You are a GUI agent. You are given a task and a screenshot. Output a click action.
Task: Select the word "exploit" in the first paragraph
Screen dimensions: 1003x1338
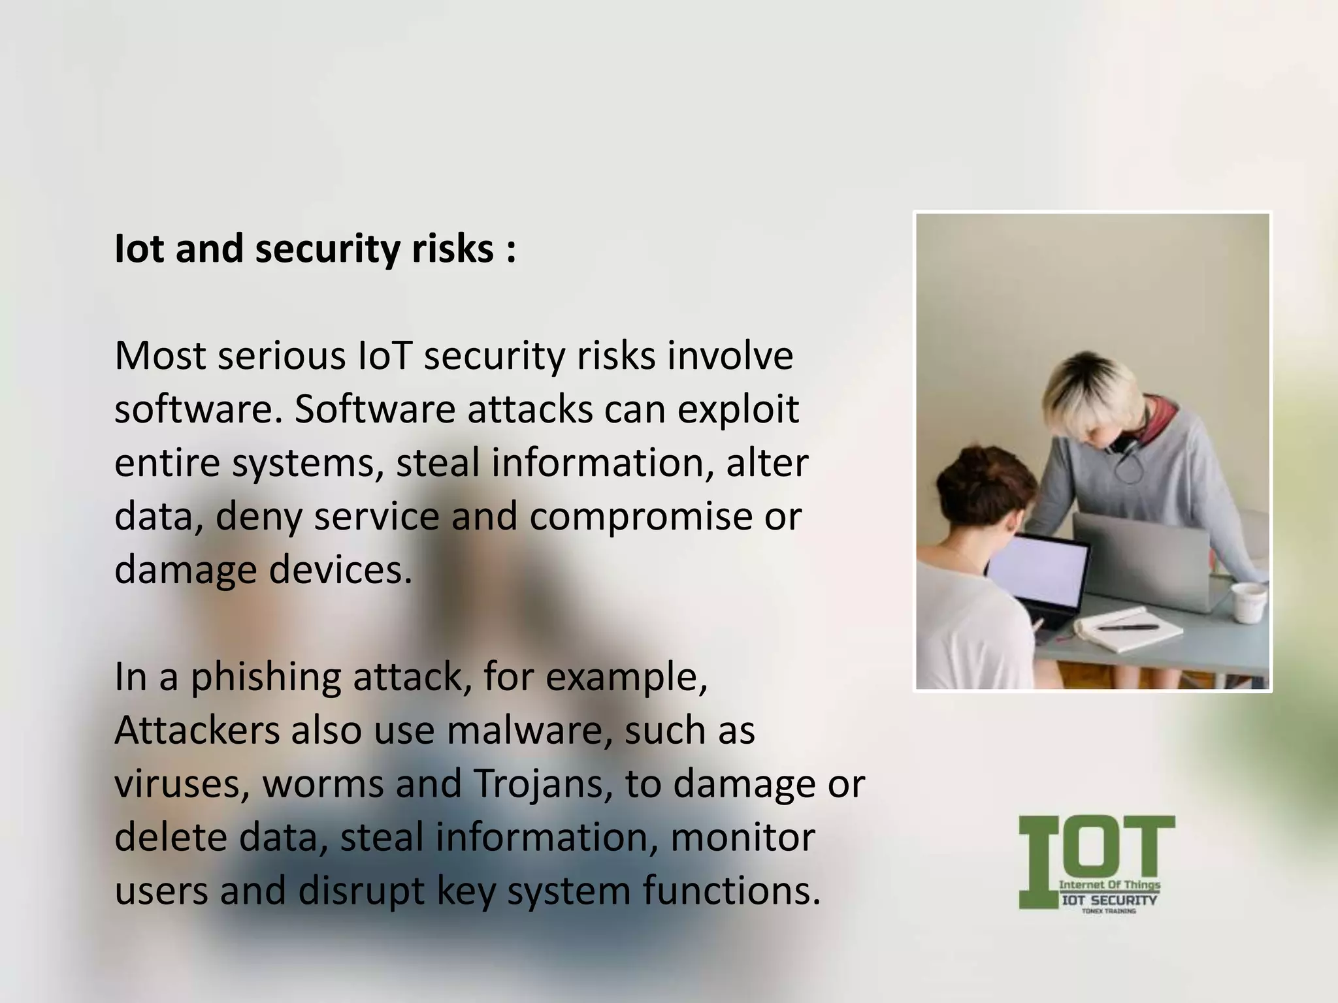click(738, 409)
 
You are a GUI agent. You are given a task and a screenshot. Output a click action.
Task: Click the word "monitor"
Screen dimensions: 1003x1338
click(743, 838)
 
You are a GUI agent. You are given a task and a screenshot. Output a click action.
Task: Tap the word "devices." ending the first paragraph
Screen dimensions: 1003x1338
click(340, 570)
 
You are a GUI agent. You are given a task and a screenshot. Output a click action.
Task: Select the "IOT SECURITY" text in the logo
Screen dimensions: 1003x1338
click(1109, 900)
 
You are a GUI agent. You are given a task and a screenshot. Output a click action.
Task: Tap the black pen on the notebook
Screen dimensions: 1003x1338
click(1128, 627)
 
